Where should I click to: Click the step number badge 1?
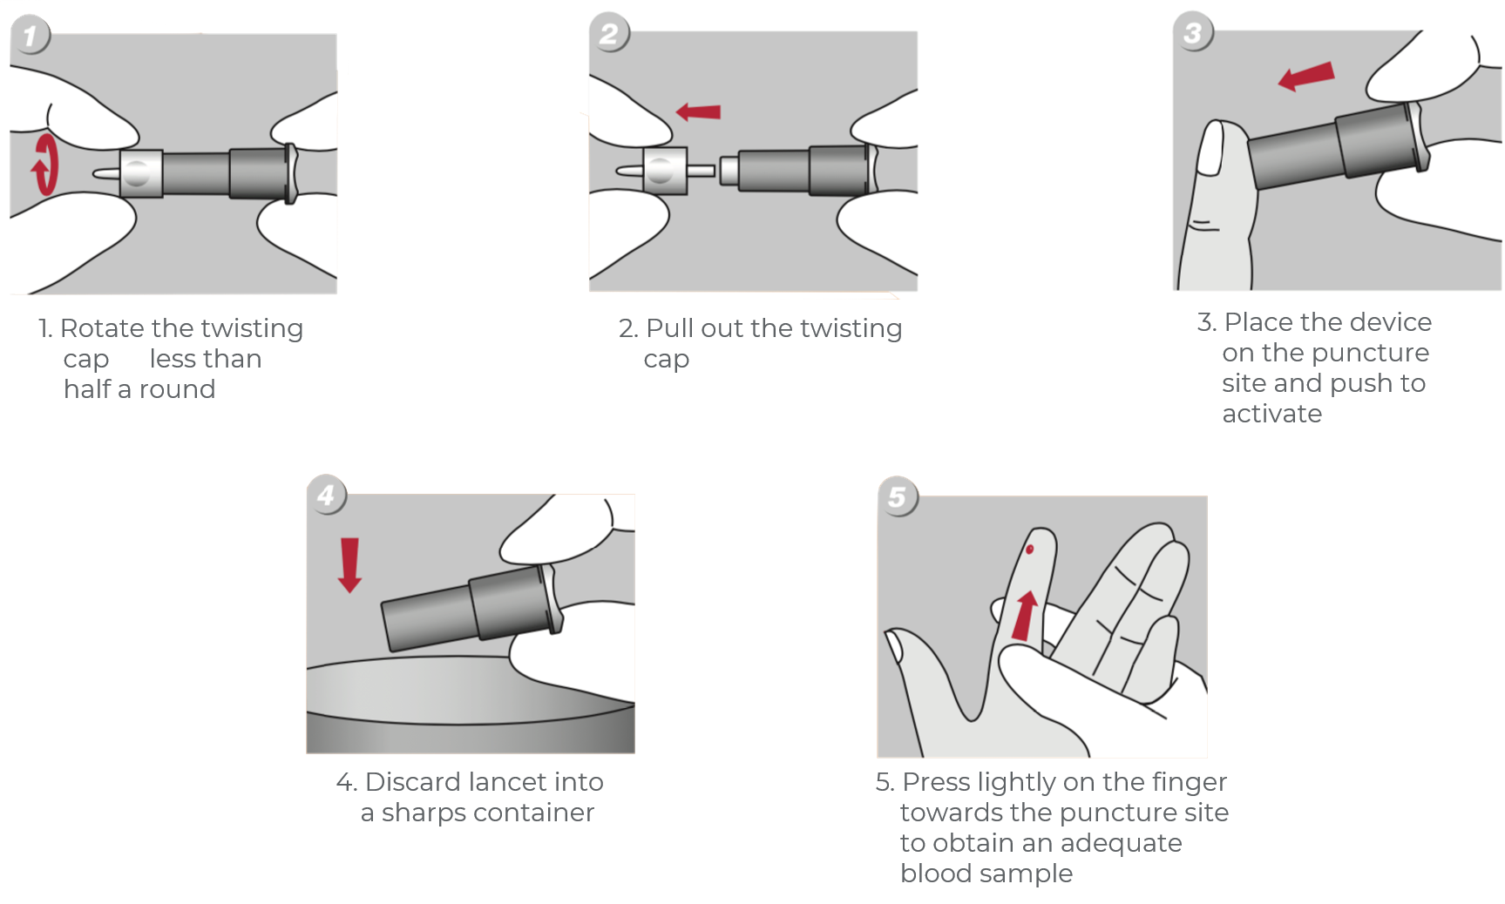coord(31,37)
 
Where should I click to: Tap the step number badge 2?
coord(609,35)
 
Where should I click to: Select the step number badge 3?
coord(1193,33)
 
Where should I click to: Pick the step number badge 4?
coord(327,496)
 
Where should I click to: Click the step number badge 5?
coord(898,497)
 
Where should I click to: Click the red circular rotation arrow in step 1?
coord(44,164)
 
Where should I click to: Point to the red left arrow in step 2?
coord(699,111)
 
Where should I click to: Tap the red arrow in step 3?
coord(1306,76)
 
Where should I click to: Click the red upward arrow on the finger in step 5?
coord(1026,615)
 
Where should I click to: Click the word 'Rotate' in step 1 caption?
coord(102,328)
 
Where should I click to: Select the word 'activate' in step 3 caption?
coord(1271,414)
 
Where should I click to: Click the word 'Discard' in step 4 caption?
coord(412,782)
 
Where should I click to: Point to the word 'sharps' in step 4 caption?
coord(422,813)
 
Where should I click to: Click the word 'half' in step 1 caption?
coord(87,389)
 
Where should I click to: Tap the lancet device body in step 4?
coord(471,610)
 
